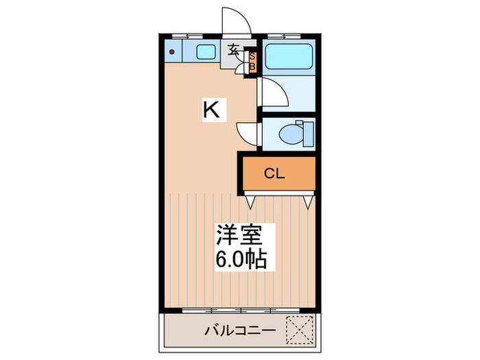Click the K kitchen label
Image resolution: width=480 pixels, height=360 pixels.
click(213, 110)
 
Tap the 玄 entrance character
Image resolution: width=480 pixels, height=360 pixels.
click(234, 50)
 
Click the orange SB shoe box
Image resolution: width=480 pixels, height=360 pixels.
click(251, 60)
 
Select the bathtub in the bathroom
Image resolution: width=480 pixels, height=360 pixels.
click(288, 56)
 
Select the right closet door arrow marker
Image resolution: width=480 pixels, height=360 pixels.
click(309, 202)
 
